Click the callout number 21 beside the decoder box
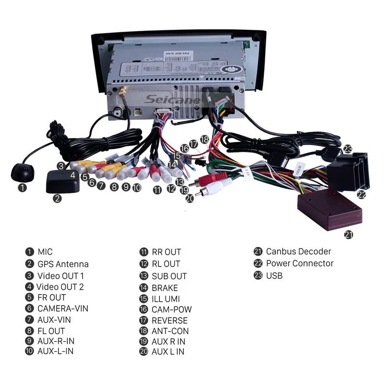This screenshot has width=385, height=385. tap(349, 234)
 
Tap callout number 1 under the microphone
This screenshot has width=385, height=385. tap(23, 188)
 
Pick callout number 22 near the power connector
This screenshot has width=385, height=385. tap(361, 194)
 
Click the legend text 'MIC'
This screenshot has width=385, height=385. tap(45, 251)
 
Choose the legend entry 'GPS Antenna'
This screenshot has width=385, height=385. tap(63, 264)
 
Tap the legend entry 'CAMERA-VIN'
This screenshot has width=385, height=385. tap(63, 308)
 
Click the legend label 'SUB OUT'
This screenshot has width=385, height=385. tap(169, 276)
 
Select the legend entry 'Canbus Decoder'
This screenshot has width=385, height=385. tap(298, 251)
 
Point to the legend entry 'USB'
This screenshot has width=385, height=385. tap(274, 276)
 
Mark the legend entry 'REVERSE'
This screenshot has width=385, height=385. tap(169, 320)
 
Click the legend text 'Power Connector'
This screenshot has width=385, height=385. tap(299, 263)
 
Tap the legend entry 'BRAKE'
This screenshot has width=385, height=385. tap(165, 288)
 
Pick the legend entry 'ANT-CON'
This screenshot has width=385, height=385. tap(170, 331)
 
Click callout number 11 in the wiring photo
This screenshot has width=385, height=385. tap(157, 190)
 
